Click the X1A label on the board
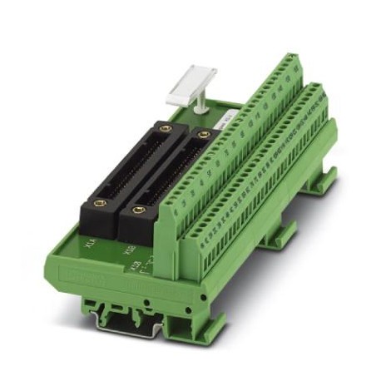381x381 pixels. point(92,242)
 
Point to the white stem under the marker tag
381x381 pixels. point(200,104)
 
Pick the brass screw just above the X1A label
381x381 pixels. point(100,203)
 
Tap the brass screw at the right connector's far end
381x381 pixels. point(203,134)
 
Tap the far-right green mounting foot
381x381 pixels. point(320,179)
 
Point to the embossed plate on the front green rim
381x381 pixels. point(69,271)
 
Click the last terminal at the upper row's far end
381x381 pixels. point(291,62)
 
